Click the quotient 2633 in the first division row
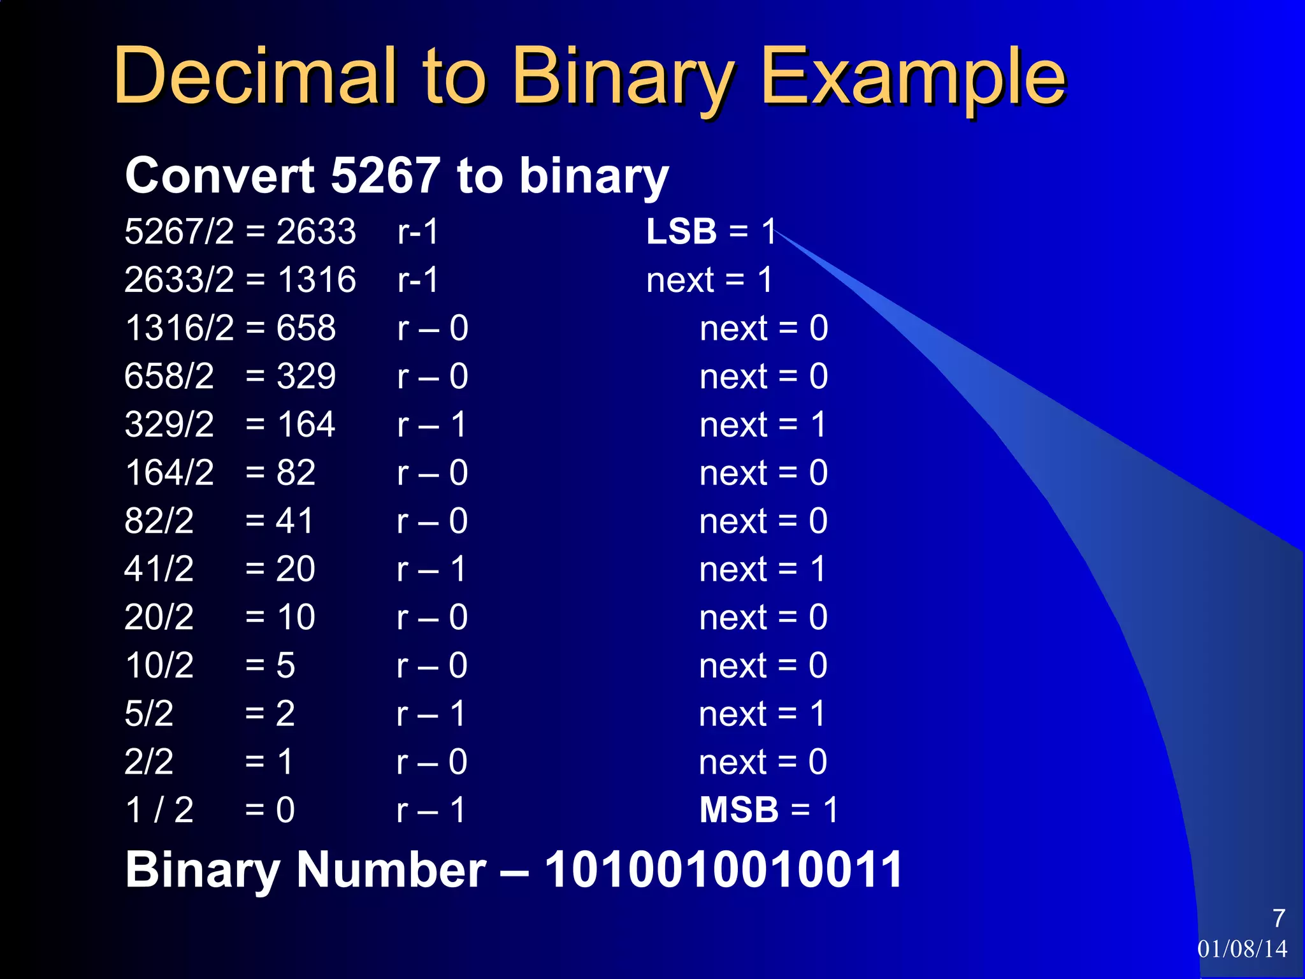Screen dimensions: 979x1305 pos(316,231)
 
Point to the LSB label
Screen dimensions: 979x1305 pos(681,231)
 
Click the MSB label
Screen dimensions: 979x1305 pos(739,810)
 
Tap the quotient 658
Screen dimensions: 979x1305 pos(306,328)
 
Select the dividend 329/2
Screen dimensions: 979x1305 pos(169,424)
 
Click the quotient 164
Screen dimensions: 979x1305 pos(306,424)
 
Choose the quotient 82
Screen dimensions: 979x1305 pos(296,473)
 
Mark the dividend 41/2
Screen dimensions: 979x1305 pos(159,569)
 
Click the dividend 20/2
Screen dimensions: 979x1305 pos(159,617)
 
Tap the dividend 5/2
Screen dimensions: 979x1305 pos(149,713)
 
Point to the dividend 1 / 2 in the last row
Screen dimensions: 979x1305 pos(159,810)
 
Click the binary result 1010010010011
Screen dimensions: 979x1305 pos(723,869)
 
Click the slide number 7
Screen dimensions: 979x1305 pos(1279,918)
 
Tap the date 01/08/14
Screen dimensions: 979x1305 pos(1242,949)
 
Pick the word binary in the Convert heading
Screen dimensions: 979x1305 pos(594,177)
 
